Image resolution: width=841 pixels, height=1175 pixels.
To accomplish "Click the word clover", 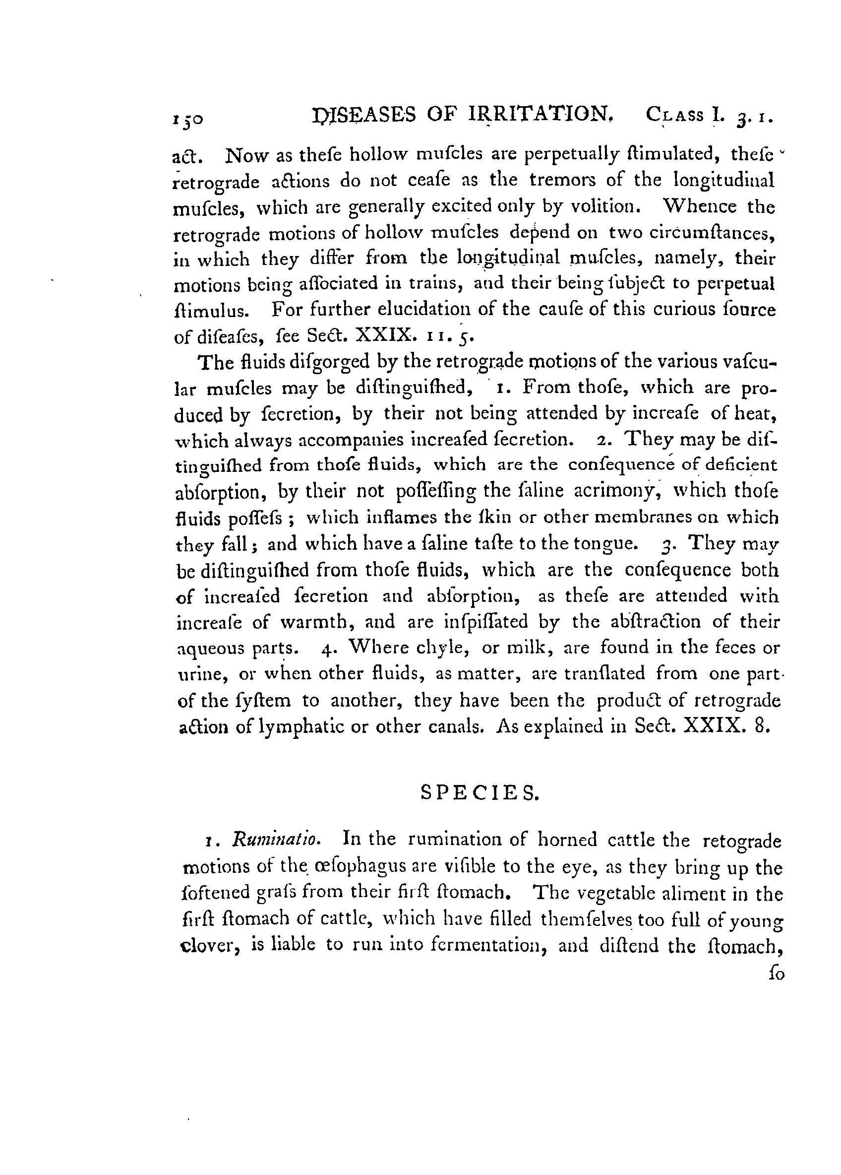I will pyautogui.click(x=209, y=945).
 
